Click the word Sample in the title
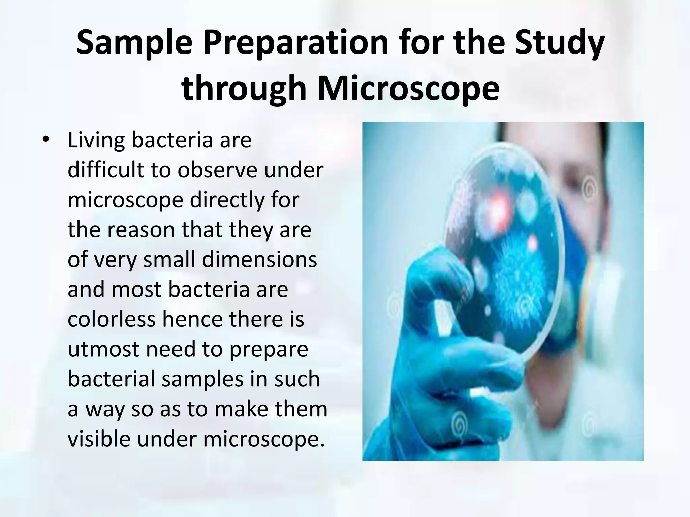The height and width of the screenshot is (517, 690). click(x=134, y=43)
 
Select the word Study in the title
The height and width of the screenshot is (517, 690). click(x=559, y=43)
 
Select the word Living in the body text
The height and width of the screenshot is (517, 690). click(x=96, y=140)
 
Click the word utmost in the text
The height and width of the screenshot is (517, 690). click(x=103, y=349)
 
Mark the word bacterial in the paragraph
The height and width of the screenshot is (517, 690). click(x=111, y=379)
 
